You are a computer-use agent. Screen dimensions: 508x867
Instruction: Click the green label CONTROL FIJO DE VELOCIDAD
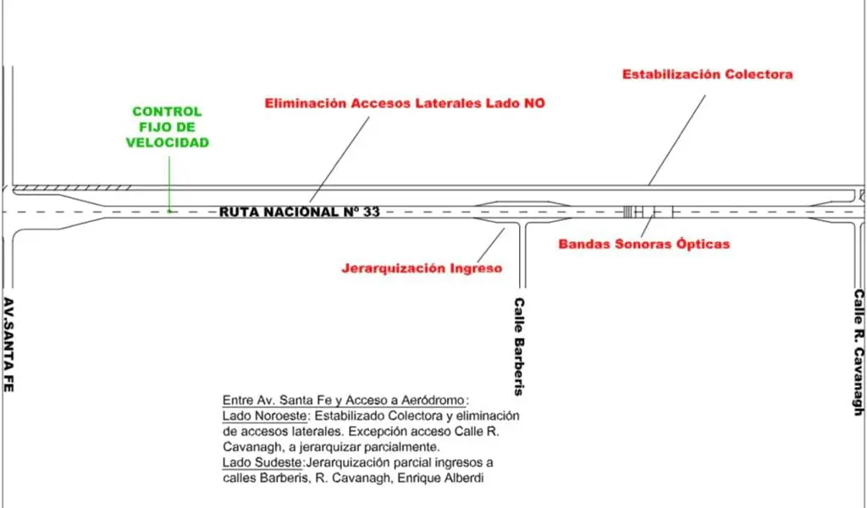[x=167, y=127]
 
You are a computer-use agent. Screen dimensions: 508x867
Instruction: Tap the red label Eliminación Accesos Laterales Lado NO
[x=405, y=103]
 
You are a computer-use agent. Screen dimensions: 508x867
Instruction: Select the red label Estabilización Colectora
[x=707, y=75]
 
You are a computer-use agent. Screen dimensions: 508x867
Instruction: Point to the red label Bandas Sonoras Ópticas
[x=643, y=244]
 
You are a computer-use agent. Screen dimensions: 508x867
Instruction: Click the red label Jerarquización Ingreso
[x=422, y=268]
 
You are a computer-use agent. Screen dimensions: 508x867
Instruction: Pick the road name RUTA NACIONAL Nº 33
[x=300, y=212]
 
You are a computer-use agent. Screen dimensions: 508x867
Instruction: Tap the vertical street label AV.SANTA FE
[x=9, y=344]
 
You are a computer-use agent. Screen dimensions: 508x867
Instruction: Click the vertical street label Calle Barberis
[x=519, y=346]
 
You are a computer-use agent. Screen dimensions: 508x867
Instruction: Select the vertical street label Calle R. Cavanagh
[x=858, y=352]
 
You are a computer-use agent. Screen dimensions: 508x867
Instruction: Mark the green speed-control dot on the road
[x=169, y=211]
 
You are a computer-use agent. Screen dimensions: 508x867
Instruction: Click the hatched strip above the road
[x=72, y=187]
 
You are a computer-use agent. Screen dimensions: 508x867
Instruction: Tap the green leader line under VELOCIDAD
[x=169, y=182]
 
